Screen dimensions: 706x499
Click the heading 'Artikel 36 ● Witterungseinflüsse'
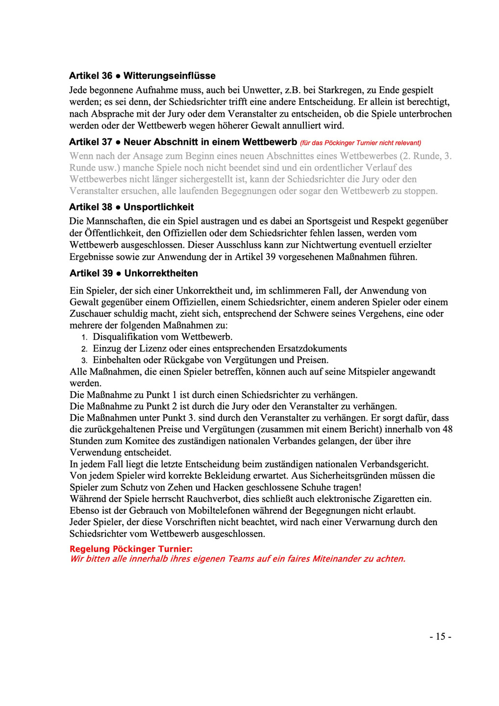tap(142, 76)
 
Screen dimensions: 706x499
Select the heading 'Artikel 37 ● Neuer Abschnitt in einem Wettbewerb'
tap(183, 142)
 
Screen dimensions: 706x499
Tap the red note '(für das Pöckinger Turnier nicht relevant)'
tap(360, 143)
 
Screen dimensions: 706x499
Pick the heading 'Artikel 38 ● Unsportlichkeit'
tap(131, 207)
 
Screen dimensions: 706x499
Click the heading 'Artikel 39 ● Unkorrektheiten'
tap(133, 274)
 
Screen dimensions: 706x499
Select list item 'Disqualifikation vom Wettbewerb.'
tap(162, 337)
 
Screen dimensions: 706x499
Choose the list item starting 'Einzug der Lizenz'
tap(220, 349)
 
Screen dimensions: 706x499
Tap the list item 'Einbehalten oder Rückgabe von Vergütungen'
tap(210, 360)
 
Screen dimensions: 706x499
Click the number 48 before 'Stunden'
tap(447, 429)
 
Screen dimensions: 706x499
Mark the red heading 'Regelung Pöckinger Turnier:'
tap(131, 549)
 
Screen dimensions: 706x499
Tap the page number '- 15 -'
tap(440, 636)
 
